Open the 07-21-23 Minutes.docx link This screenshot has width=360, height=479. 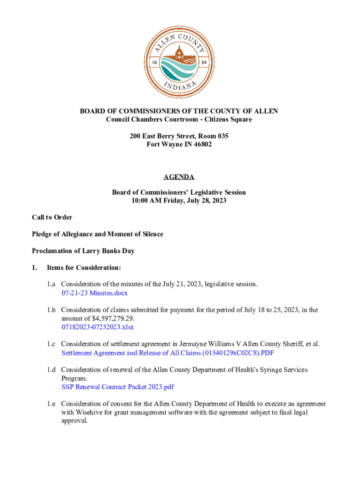(x=94, y=293)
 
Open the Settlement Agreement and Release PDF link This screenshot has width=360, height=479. (x=167, y=353)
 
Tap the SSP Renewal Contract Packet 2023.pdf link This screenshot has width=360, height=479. (x=118, y=387)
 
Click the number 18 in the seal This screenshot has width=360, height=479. (x=154, y=62)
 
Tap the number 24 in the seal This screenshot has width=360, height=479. (x=204, y=62)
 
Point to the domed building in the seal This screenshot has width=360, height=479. (x=179, y=53)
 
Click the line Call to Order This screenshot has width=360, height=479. (x=52, y=217)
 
